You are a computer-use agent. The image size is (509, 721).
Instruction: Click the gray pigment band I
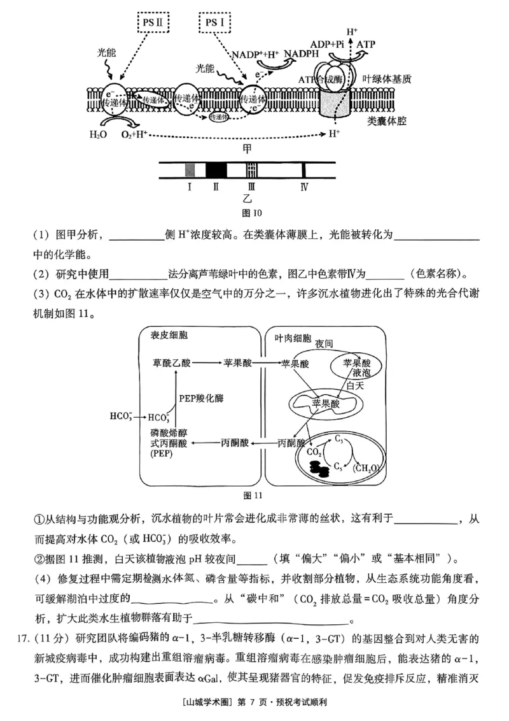[x=189, y=169]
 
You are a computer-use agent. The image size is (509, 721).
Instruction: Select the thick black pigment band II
[x=216, y=169]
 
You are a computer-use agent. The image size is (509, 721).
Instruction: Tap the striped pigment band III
[x=252, y=169]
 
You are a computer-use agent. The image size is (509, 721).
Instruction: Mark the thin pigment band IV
[x=304, y=169]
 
